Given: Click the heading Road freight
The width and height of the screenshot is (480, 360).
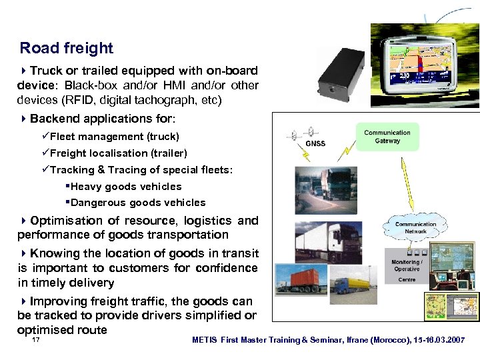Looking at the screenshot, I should pyautogui.click(x=67, y=48).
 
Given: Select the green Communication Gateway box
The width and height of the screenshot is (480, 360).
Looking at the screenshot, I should pyautogui.click(x=387, y=137).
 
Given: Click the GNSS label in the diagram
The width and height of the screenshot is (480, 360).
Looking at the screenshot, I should pyautogui.click(x=315, y=143).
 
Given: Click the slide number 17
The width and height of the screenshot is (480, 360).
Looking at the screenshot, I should pyautogui.click(x=36, y=340).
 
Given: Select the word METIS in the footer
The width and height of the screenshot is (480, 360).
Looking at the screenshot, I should pyautogui.click(x=204, y=340).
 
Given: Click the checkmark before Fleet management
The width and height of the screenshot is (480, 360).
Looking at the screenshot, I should pyautogui.click(x=45, y=137).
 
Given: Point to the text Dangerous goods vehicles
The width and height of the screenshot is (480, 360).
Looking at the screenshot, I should pyautogui.click(x=137, y=203).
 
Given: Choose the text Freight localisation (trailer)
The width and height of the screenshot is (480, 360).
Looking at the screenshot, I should pyautogui.click(x=118, y=153).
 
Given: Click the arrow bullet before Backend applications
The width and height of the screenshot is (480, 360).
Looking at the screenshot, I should pyautogui.click(x=24, y=119).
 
